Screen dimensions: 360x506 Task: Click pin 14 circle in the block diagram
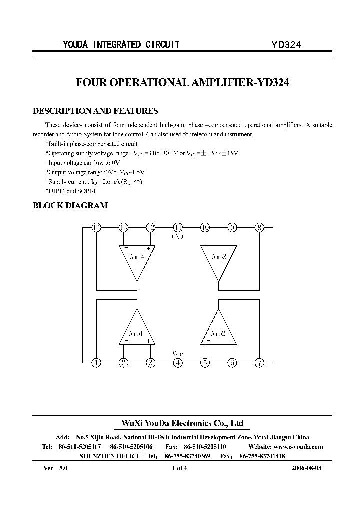96,228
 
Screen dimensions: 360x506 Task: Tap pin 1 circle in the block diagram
96,363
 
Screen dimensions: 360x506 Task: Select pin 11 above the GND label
178,228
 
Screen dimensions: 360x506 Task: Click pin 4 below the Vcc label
178,363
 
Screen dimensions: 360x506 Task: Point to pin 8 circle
259,228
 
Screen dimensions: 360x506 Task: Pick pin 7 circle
259,363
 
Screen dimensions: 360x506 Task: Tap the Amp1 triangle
137,330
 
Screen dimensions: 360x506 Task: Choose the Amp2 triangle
218,330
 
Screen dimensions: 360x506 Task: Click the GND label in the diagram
178,236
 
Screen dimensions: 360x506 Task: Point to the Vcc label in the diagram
178,354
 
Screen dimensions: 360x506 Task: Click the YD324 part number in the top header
286,44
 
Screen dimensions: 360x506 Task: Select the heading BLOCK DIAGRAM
70,205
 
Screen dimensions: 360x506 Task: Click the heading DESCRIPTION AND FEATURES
95,111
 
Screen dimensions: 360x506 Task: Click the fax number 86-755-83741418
262,456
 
